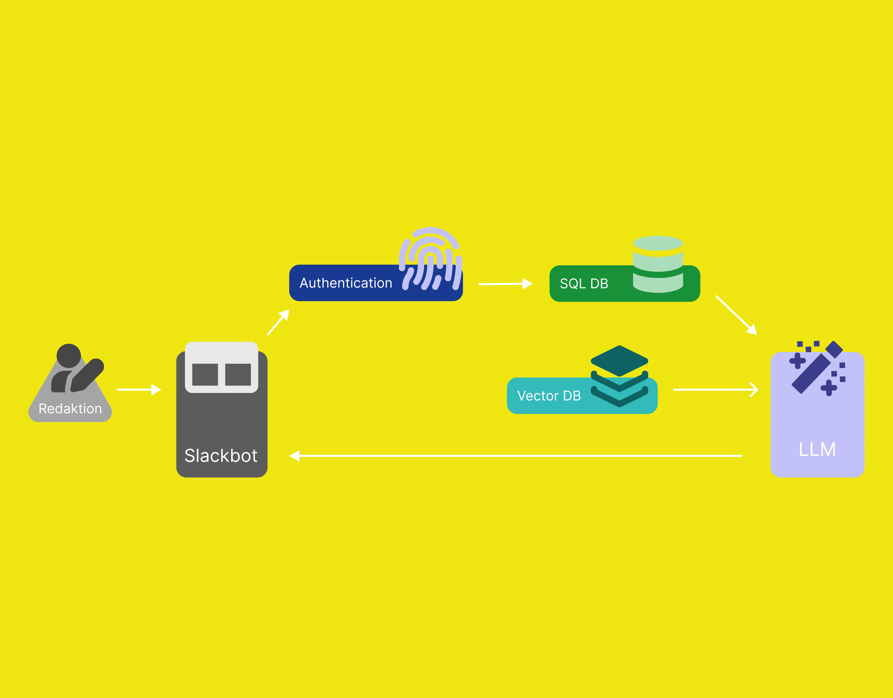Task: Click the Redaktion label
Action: pos(70,409)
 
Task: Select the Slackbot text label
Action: pos(221,456)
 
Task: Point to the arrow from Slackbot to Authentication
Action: pos(278,322)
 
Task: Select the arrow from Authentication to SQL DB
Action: pos(505,284)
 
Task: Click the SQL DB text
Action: pos(584,284)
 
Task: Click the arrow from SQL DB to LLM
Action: pos(736,315)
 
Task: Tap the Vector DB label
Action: pos(549,396)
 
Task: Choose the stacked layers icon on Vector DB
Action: pos(619,376)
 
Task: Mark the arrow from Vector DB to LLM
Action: pos(716,389)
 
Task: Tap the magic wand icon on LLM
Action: pos(817,368)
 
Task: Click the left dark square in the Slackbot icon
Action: pos(205,374)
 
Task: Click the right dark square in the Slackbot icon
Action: pos(238,374)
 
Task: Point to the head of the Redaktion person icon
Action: pos(69,355)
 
